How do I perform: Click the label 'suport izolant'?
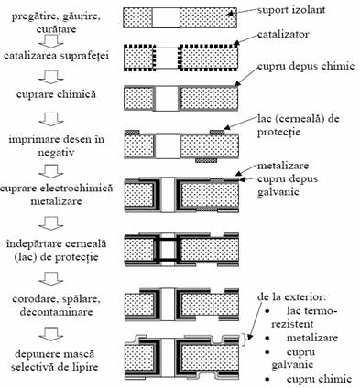(x=291, y=10)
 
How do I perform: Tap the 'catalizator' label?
(x=283, y=34)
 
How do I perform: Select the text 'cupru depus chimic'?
(x=306, y=66)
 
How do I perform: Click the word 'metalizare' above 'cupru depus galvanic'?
(x=283, y=166)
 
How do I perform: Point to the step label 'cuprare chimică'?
(x=56, y=94)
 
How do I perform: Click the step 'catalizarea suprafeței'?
(x=56, y=56)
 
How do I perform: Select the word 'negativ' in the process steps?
(x=56, y=152)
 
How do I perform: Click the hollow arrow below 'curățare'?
(x=51, y=41)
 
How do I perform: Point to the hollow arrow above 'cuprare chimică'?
(x=51, y=77)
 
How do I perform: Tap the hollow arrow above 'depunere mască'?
(x=51, y=334)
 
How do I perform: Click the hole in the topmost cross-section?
(x=166, y=18)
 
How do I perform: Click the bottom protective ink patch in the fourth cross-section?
(x=206, y=160)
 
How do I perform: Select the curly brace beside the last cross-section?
(x=244, y=339)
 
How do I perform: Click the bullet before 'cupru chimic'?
(x=267, y=380)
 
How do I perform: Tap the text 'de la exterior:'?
(x=292, y=296)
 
